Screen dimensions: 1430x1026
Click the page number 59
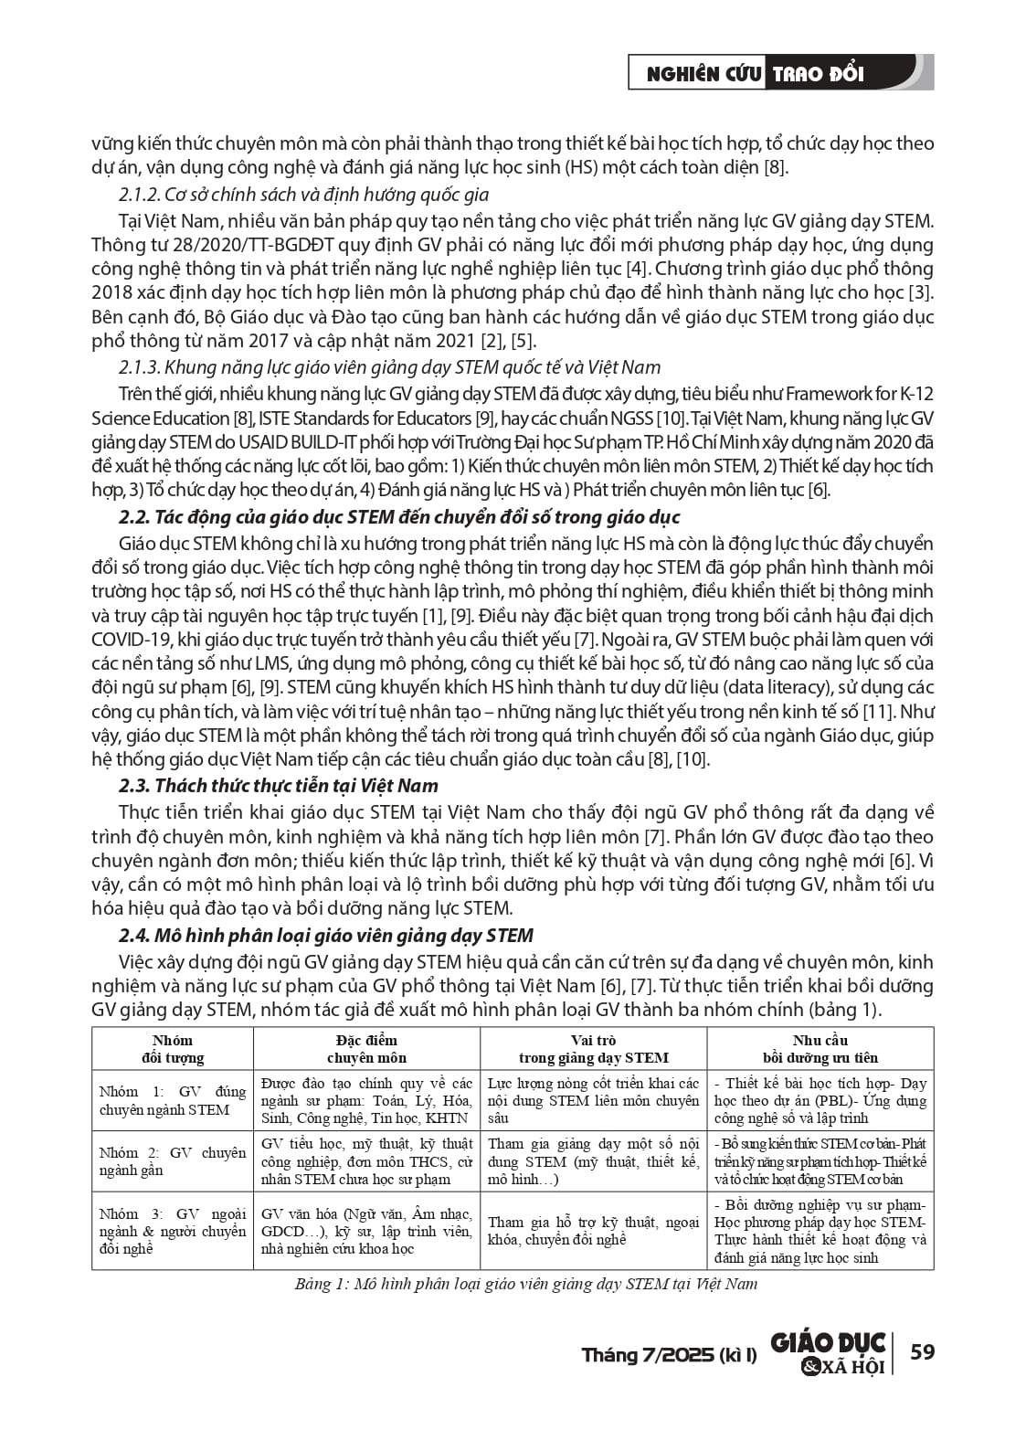pos(923,1351)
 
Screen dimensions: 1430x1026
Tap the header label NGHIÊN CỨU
pos(703,74)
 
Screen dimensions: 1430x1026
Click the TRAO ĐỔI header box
pos(819,74)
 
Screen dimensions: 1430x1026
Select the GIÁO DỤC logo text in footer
pos(828,1342)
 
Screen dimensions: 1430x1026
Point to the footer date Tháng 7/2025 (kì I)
pos(669,1354)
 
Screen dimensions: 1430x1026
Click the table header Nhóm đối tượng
pos(173,1049)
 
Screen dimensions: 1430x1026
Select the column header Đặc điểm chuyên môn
pos(366,1049)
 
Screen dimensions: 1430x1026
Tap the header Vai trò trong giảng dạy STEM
pos(593,1049)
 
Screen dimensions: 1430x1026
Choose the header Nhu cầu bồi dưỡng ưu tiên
pos(820,1049)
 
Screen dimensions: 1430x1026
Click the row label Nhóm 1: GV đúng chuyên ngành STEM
pos(173,1100)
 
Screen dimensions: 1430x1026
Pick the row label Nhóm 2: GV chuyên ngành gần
pos(173,1161)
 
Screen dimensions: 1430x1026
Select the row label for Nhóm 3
pos(173,1231)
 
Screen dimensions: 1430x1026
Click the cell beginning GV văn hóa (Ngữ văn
pos(366,1231)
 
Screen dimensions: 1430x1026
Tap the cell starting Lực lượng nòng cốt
pos(593,1100)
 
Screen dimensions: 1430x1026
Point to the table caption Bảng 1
pos(525,1284)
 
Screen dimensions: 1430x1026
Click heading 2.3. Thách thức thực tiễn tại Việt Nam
pos(279,786)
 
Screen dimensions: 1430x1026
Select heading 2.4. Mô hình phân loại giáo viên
pos(326,936)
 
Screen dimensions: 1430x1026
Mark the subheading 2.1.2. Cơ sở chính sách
pos(304,195)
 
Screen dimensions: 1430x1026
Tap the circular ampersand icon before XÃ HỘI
pos(809,1367)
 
